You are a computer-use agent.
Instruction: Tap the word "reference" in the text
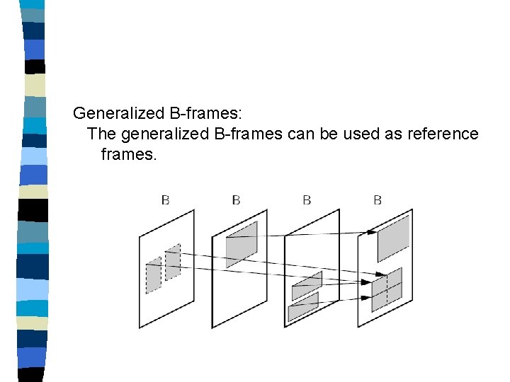click(x=443, y=134)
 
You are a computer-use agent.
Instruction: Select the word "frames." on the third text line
click(x=127, y=154)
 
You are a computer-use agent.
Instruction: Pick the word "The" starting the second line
click(x=100, y=134)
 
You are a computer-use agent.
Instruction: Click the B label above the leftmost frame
click(x=166, y=200)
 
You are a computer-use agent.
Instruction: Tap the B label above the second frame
click(x=236, y=200)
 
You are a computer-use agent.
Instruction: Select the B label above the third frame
click(x=307, y=200)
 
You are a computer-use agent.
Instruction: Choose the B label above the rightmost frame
click(x=378, y=200)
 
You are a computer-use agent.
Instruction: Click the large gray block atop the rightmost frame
click(x=393, y=238)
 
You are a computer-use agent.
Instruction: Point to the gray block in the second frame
click(x=242, y=243)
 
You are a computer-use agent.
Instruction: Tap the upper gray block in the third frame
click(x=307, y=285)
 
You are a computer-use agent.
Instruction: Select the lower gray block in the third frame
click(x=303, y=306)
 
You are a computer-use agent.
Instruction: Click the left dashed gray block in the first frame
click(x=154, y=276)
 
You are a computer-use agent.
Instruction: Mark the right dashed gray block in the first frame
click(x=173, y=262)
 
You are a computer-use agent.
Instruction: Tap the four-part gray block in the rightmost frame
click(x=387, y=289)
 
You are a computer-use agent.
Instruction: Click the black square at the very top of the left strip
click(x=34, y=5)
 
